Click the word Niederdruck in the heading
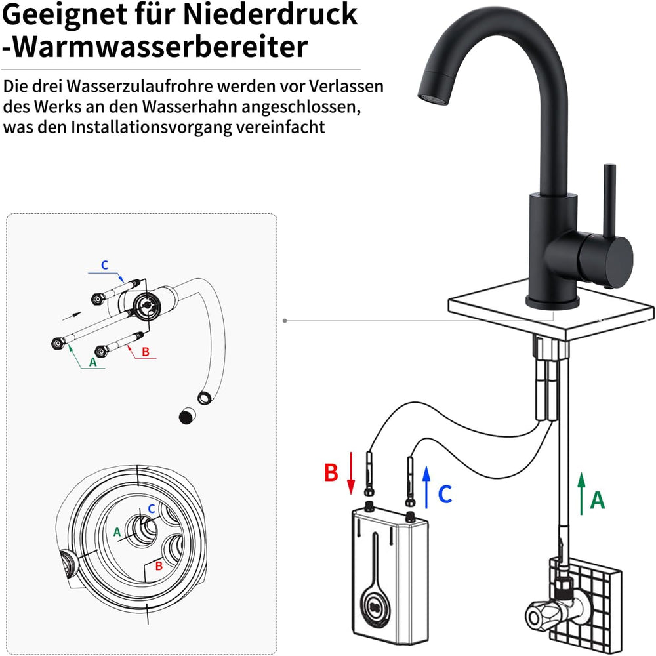coord(270,14)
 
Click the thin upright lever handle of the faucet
coord(609,200)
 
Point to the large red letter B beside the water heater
coord(331,472)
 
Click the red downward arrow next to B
coord(351,473)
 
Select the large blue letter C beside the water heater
coord(445,494)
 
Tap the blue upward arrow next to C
coord(426,487)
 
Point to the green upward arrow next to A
coord(581,494)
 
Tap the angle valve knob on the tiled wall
coord(542,615)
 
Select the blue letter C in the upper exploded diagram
coord(104,265)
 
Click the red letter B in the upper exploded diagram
coord(146,352)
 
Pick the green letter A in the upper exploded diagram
coord(93,362)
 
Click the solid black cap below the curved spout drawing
coord(187,415)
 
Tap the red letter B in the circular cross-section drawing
coord(159,565)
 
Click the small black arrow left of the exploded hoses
coord(72,316)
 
